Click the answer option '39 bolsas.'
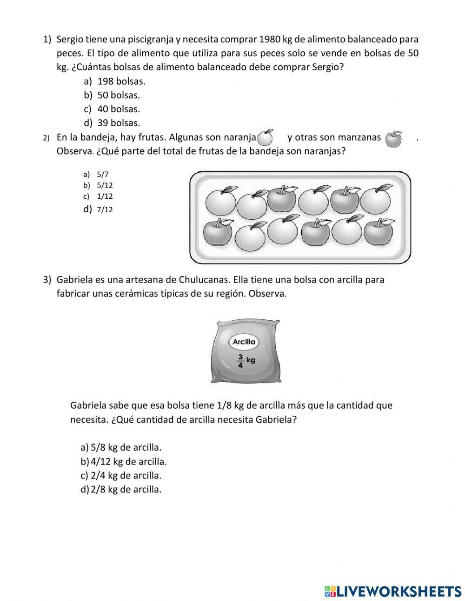point(118,123)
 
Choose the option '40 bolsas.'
point(118,109)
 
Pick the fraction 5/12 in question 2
point(105,185)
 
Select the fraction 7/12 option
point(105,209)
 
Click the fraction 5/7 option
point(102,175)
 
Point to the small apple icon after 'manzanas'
point(394,139)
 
